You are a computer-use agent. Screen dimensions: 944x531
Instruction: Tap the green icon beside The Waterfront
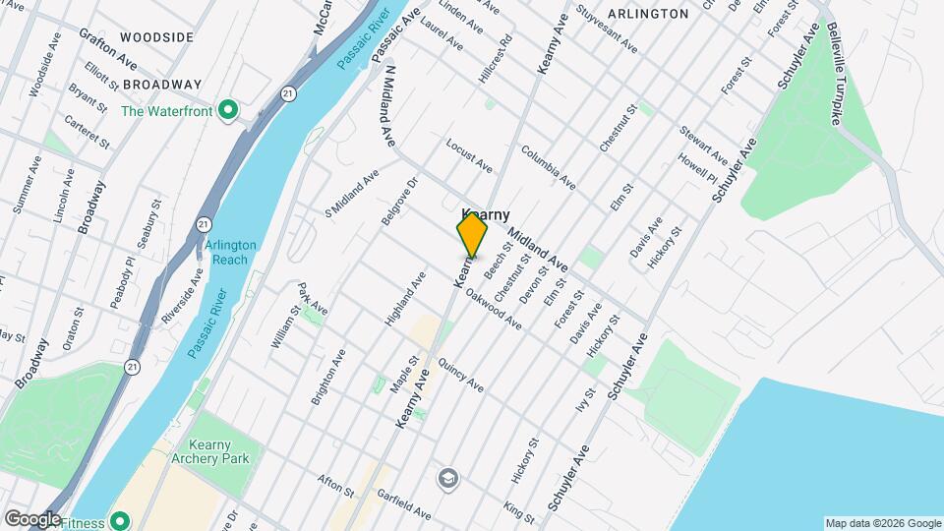pos(228,110)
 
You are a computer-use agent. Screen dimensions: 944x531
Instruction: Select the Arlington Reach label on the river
pos(231,252)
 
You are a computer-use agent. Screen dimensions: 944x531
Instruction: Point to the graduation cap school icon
pos(448,478)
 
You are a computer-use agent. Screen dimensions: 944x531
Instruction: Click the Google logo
pos(31,519)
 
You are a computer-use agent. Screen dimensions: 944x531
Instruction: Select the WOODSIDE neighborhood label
pos(156,36)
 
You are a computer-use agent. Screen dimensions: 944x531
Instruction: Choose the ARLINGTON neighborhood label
pos(647,14)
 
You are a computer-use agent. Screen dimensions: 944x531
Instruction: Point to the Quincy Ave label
pos(461,374)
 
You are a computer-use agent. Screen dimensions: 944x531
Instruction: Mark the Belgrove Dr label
pos(399,202)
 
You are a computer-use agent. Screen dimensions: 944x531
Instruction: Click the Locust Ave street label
pos(469,155)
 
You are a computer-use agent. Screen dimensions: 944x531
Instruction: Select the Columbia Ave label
pos(548,167)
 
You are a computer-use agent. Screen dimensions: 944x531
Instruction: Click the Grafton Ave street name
pos(108,47)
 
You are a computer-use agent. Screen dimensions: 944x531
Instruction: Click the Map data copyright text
pos(882,522)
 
